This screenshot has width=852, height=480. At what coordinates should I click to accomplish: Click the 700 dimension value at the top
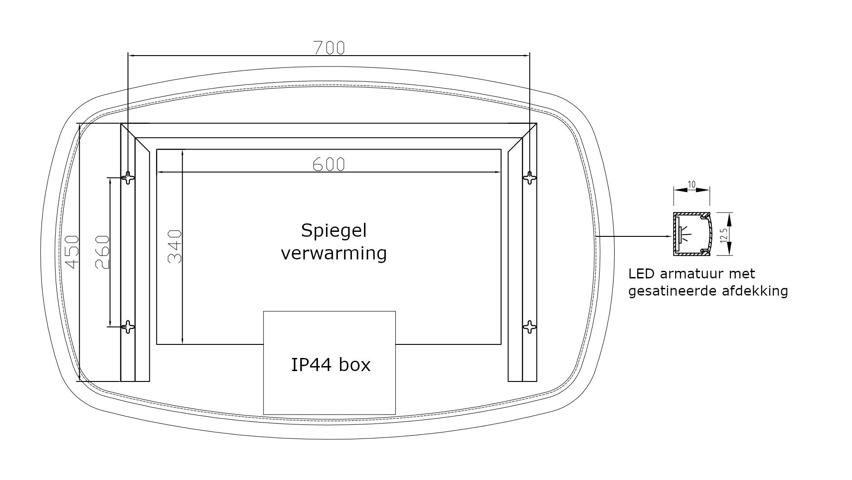click(x=329, y=47)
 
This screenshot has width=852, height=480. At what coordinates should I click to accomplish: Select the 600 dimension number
click(x=329, y=165)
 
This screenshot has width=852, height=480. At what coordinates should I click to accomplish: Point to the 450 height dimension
click(x=72, y=251)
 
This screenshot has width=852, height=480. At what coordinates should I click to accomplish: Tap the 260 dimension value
click(x=103, y=252)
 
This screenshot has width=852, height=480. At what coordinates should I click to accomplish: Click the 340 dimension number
click(x=175, y=247)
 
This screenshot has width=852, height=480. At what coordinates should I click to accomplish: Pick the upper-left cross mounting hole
click(x=128, y=178)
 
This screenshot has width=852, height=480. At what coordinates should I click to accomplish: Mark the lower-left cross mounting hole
click(x=128, y=327)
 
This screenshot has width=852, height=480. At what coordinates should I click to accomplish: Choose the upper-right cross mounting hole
click(x=529, y=178)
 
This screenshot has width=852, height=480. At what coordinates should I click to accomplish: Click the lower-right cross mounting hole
click(x=529, y=327)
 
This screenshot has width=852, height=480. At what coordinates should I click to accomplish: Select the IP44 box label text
click(x=331, y=365)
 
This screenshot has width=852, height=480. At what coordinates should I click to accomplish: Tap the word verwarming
click(x=334, y=253)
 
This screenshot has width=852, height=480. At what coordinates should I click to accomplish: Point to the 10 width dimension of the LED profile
click(x=691, y=184)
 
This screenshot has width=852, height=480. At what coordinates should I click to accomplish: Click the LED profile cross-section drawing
click(x=692, y=234)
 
